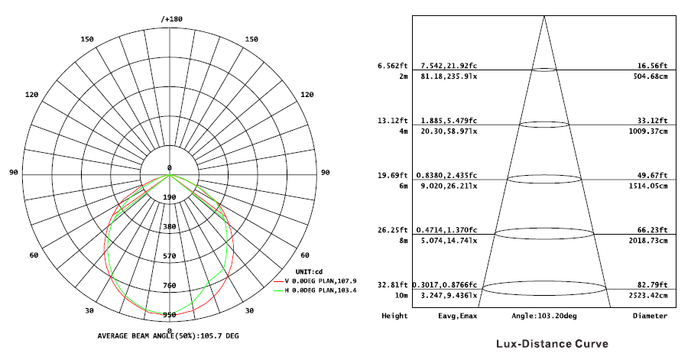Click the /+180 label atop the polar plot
171,18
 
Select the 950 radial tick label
170,314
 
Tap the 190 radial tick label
170,197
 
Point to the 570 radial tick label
170,256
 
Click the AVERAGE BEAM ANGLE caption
168,336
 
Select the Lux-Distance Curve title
551,344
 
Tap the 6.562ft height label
394,66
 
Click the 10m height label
401,295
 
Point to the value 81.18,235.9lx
449,76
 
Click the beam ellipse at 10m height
544,289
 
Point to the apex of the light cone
544,15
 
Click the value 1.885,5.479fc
449,121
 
